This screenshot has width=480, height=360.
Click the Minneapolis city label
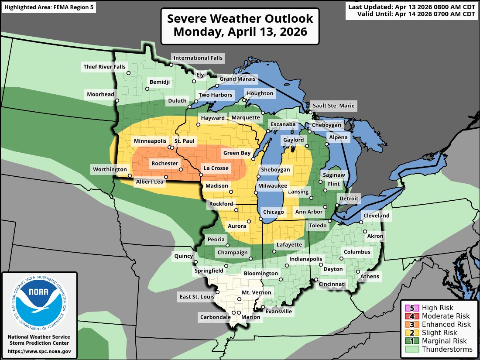(150, 141)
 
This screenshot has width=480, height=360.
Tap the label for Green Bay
(237, 153)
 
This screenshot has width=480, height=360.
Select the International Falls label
(198, 58)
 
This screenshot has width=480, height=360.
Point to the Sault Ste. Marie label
(333, 106)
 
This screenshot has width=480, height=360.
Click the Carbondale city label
(215, 317)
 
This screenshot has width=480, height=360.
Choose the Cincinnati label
(332, 285)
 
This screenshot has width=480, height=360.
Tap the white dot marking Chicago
(261, 219)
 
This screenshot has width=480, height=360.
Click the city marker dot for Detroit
(337, 205)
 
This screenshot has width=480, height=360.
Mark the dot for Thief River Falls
(129, 73)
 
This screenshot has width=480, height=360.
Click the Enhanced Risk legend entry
(446, 324)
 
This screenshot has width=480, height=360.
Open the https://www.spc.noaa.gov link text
(39, 351)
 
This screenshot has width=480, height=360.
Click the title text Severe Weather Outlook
(240, 19)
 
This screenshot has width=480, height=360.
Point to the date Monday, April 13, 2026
(240, 32)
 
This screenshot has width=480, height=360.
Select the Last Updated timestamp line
(411, 7)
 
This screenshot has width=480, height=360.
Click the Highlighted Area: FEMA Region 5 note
(48, 7)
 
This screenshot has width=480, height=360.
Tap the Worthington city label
(110, 169)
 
